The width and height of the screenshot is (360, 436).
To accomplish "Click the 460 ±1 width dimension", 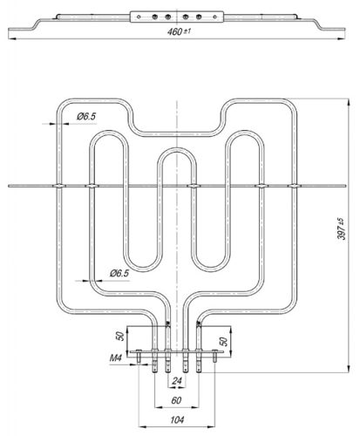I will pyautogui.click(x=179, y=32).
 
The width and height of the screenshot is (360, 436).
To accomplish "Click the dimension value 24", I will pyautogui.click(x=179, y=381).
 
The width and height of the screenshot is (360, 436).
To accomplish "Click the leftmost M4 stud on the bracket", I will pyautogui.click(x=139, y=355).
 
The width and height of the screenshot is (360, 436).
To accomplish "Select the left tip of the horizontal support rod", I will pyautogui.click(x=8, y=185).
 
